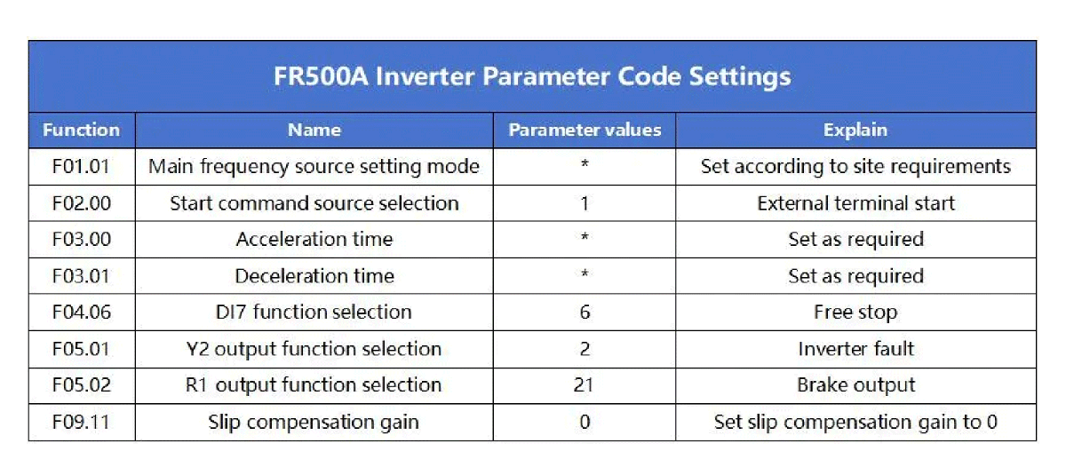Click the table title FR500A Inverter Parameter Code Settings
[x=532, y=76]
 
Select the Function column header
[x=82, y=130]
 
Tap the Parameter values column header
[x=585, y=130]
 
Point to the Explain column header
[x=855, y=131]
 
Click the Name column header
[x=314, y=130]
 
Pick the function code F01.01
[x=81, y=166]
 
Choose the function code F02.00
[x=82, y=203]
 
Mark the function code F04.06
[x=82, y=312]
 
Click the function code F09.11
[x=81, y=422]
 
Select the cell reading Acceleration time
[x=314, y=239]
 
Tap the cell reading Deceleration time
[x=314, y=276]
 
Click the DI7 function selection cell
[x=314, y=312]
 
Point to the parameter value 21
[x=584, y=384]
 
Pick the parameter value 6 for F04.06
[x=585, y=312]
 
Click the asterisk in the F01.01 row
[x=585, y=164]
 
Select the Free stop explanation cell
[x=855, y=313]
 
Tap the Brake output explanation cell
[x=855, y=385]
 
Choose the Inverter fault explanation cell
[x=855, y=349]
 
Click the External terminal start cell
[x=855, y=203]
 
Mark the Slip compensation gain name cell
[x=314, y=423]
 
